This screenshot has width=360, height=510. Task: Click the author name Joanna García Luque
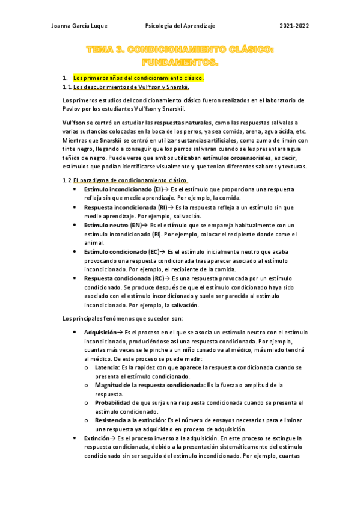pos(79,26)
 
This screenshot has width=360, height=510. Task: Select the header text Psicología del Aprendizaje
pos(180,26)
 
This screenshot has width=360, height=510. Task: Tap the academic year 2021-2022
pos(294,26)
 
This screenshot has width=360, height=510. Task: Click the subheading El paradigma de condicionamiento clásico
pos(131,180)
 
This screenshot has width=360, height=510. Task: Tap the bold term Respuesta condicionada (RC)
pos(124,279)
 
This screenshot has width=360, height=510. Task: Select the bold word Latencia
pos(106,367)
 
